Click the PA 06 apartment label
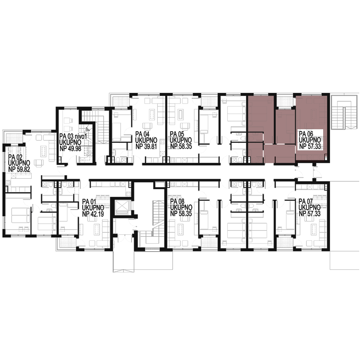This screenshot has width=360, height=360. [306, 134]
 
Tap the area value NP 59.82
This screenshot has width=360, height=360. [19, 170]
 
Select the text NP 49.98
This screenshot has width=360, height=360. [70, 148]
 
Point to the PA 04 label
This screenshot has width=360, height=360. [142, 134]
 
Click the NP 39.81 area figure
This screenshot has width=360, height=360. [146, 146]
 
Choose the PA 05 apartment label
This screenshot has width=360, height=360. [177, 134]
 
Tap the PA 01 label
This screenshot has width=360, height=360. [89, 202]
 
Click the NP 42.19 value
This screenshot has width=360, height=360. [93, 214]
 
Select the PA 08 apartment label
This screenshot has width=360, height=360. [177, 202]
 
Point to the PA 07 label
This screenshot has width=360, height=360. [306, 202]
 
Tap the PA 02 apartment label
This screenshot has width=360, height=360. [15, 157]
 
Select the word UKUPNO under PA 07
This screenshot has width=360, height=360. [310, 208]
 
